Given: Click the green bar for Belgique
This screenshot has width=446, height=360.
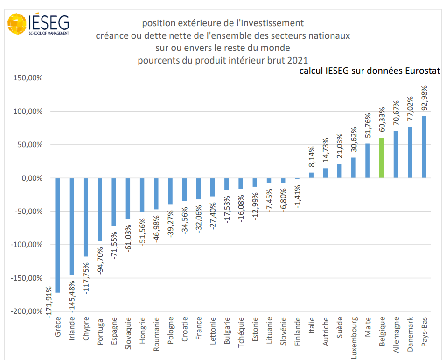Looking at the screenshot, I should click(x=381, y=158).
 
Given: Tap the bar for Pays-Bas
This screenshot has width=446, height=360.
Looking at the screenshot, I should click(x=424, y=147).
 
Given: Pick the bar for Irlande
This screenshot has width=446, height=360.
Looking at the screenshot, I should click(x=72, y=226).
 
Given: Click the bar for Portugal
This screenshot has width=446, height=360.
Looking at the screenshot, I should click(x=100, y=209).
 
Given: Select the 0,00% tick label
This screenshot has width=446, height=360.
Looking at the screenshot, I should click(x=31, y=178).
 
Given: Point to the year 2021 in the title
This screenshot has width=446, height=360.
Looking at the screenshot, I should click(x=298, y=60).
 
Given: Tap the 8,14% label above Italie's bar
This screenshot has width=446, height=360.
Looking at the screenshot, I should click(x=312, y=157).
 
